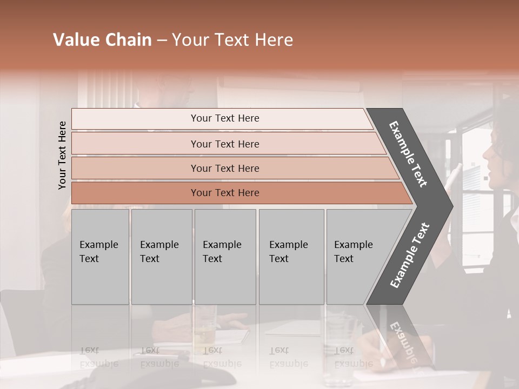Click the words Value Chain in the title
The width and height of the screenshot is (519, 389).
pos(102,40)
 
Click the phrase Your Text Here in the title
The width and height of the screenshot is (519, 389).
pos(232,40)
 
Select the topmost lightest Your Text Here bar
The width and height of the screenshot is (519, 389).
pos(225,118)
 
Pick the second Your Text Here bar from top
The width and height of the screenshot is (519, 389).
pos(225,144)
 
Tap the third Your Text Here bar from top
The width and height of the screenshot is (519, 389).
pos(225,168)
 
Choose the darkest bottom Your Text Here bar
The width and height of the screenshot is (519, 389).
pos(225,193)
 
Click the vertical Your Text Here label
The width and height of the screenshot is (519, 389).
pos(62,155)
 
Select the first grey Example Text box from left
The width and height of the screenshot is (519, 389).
pos(100,257)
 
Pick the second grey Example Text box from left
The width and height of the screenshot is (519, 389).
pos(161,257)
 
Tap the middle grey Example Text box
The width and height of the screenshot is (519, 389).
pos(225,257)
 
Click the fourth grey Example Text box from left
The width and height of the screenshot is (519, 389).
pos(291,257)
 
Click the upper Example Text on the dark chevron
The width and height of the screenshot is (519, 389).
pos(409,154)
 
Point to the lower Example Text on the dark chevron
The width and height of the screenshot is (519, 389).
pos(410,255)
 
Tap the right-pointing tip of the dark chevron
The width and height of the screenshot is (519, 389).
pos(450,206)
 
